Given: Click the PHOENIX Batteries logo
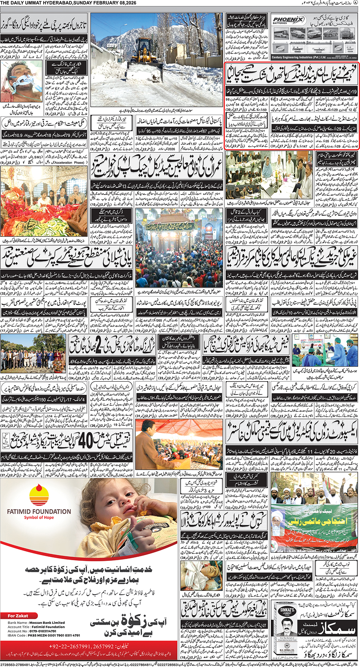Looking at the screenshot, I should tap(288, 20).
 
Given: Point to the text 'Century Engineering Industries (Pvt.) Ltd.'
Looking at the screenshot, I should tap(298, 57).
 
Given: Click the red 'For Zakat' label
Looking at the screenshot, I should tap(18, 616).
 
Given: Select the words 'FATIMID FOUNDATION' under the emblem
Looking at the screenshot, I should tap(39, 511).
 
